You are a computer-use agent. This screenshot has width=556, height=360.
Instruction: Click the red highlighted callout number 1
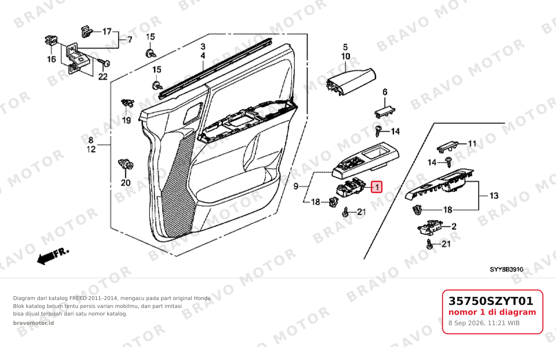pos(377,187)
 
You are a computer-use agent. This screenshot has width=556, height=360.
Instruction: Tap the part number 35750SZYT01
pos(491,301)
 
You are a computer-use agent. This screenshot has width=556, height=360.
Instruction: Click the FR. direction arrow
pos(53,257)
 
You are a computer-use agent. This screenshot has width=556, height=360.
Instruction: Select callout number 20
pos(126,183)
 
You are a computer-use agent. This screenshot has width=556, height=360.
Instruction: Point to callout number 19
pos(126,121)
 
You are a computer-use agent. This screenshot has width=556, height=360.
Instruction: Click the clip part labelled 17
pos(87,32)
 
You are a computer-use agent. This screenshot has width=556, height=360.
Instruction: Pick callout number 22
pos(103,77)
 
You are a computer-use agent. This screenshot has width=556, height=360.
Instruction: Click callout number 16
pos(52,59)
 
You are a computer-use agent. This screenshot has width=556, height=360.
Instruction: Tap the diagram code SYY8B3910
pos(506,269)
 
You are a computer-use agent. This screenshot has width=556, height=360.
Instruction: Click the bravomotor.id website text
pos(33,323)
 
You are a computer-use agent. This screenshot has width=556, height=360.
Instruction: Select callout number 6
pos(385,92)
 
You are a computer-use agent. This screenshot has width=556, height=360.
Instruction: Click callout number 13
pos(494,196)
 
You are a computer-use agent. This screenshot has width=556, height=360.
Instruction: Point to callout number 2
pos(454,226)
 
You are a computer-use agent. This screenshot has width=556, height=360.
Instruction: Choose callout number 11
pos(472,144)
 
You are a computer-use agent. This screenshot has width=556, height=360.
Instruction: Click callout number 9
pos(296,186)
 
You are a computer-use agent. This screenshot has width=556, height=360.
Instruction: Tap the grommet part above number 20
pos(126,164)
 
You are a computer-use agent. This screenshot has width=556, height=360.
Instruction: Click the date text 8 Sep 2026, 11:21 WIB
pos(484,323)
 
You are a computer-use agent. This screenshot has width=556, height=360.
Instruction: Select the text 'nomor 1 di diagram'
pos(492,312)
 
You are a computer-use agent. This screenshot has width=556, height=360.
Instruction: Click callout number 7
pos(130,39)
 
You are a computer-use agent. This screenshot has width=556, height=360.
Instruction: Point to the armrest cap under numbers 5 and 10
pos(351,82)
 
